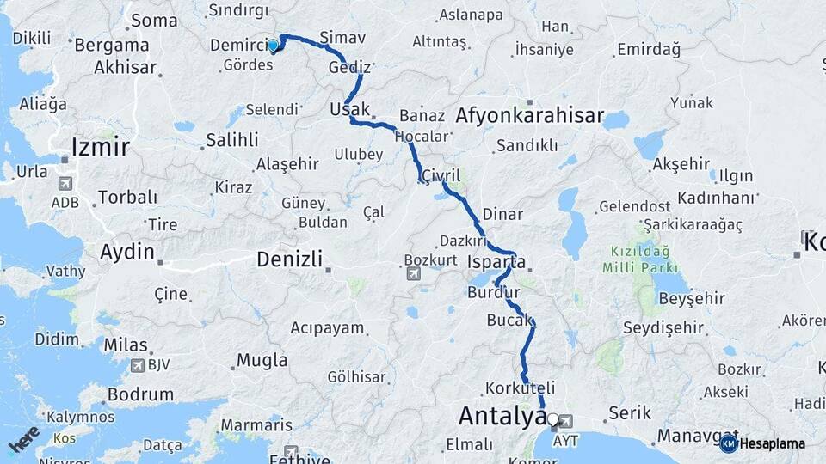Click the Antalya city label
[x=502, y=416]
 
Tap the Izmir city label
[x=101, y=147]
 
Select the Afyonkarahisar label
[x=531, y=116]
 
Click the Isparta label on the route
[x=496, y=261]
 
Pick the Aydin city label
[x=126, y=253]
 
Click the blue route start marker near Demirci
[x=273, y=46]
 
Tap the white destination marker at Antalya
[x=553, y=420]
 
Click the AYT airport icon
[x=565, y=422]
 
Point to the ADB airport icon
[x=65, y=184]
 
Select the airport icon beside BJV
[x=136, y=365]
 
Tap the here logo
[x=23, y=440]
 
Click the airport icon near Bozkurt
[x=414, y=274]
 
